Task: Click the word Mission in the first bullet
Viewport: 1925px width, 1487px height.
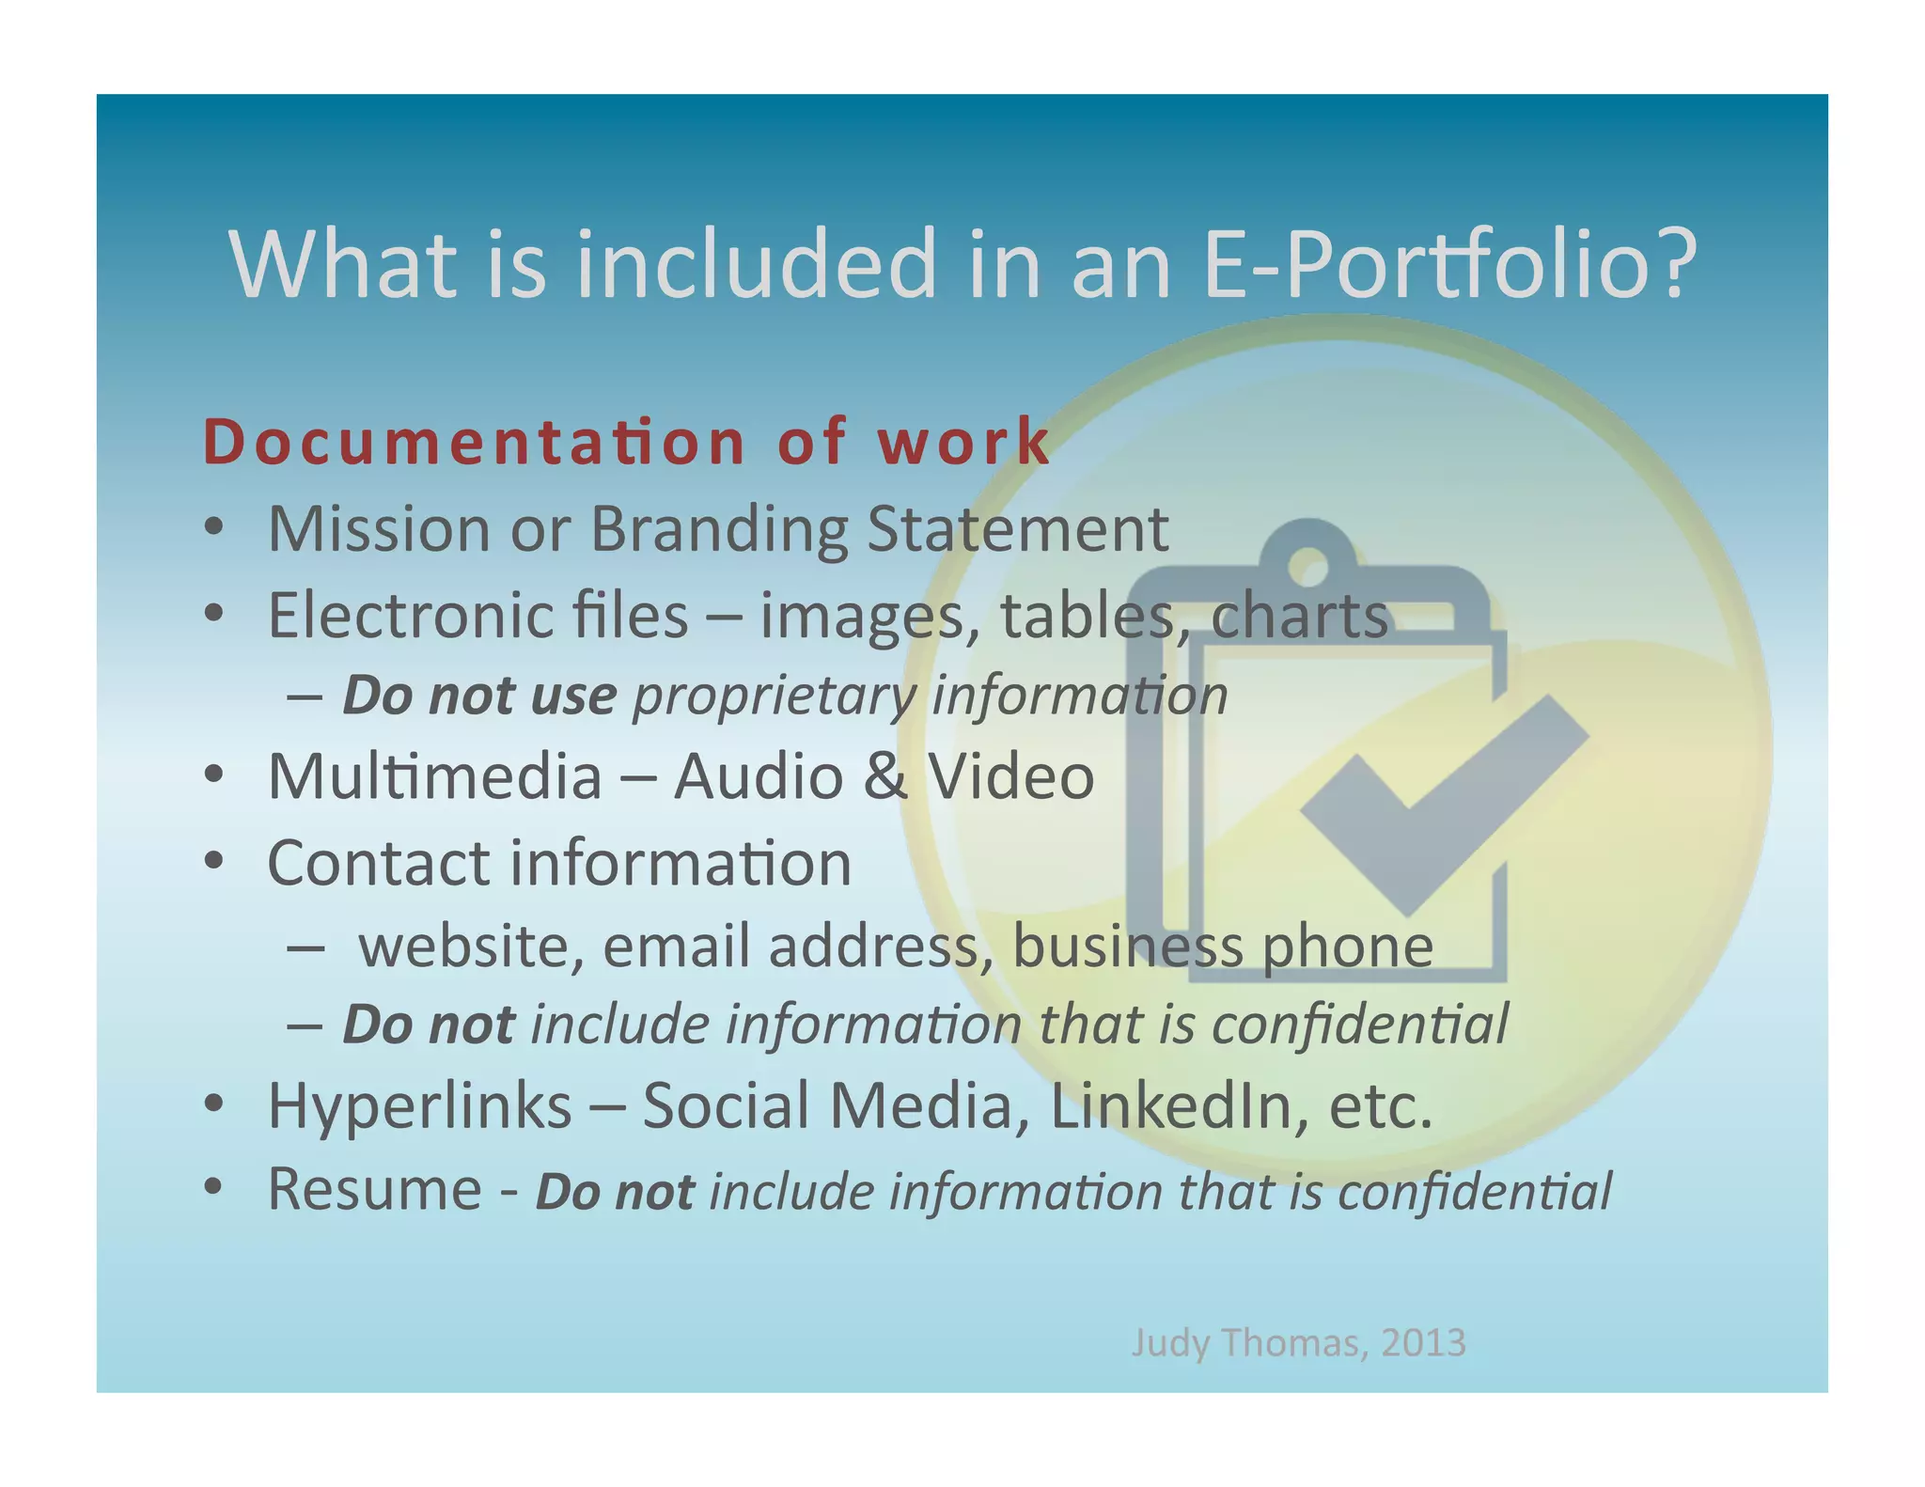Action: (378, 528)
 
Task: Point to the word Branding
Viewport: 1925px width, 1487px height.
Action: (719, 530)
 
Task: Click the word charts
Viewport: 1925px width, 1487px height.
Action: (1299, 616)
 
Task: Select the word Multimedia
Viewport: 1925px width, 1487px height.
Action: (434, 776)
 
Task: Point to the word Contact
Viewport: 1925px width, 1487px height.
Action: (378, 863)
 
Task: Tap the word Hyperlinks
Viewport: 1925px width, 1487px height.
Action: (419, 1106)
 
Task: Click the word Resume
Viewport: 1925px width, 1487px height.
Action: (375, 1189)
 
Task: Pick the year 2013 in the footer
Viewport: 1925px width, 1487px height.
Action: (1423, 1342)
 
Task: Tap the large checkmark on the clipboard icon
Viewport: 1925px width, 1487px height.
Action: (1438, 799)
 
